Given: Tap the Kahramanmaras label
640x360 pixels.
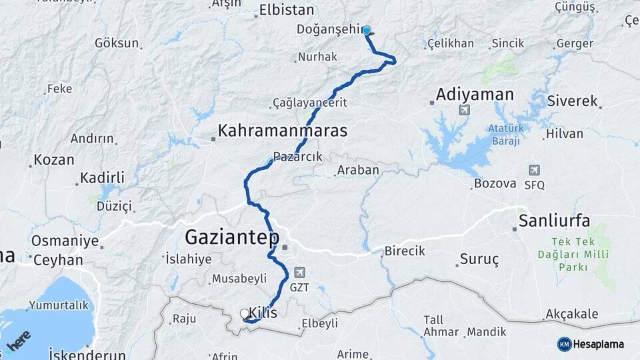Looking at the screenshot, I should (x=283, y=131).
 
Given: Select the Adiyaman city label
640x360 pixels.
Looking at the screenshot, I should (x=475, y=95).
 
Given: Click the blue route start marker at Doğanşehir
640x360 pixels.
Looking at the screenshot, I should (x=366, y=30).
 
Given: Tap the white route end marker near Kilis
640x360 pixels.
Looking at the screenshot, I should (x=244, y=313).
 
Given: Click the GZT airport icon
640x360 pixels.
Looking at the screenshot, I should (x=299, y=272).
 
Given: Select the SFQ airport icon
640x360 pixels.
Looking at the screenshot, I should (x=534, y=170).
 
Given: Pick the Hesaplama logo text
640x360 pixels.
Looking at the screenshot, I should (x=596, y=344).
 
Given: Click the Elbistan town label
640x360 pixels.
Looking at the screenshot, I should (x=286, y=11).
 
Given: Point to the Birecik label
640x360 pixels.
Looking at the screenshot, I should (x=404, y=252).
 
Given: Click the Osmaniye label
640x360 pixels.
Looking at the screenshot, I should (x=65, y=241).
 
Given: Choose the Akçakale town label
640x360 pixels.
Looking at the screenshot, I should (x=571, y=314).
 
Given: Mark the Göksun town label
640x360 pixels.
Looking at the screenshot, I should (x=117, y=43).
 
